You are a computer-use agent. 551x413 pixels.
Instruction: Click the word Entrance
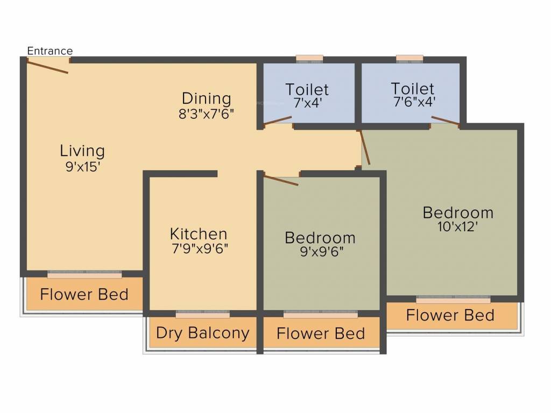click(x=50, y=51)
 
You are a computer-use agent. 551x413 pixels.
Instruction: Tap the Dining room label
click(x=206, y=99)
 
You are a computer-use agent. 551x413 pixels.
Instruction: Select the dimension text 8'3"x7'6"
click(x=207, y=113)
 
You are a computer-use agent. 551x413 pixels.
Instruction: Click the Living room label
click(x=82, y=151)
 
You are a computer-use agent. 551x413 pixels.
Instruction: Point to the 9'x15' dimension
click(x=83, y=166)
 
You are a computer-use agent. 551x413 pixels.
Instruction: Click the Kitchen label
click(x=199, y=234)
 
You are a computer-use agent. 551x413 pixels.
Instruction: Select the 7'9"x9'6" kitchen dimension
click(x=200, y=249)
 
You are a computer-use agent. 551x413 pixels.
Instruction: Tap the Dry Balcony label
click(x=202, y=333)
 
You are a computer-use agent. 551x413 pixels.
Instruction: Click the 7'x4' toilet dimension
click(x=307, y=103)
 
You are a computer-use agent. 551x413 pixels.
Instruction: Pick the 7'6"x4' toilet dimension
click(x=413, y=102)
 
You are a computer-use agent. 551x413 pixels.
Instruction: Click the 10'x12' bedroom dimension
click(x=458, y=226)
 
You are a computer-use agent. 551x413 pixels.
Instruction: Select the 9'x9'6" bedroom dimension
click(x=321, y=251)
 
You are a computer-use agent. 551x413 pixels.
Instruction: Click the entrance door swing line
click(x=47, y=67)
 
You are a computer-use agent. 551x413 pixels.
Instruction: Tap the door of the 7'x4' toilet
click(x=278, y=120)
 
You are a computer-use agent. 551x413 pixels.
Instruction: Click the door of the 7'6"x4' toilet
click(x=445, y=120)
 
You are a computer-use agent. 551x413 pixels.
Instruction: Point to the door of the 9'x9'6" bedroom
click(x=280, y=180)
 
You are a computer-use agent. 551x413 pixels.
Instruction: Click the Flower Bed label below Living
click(x=84, y=295)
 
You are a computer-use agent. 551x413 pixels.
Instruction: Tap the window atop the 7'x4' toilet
click(x=309, y=58)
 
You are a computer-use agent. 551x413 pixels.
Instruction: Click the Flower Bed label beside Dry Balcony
click(x=321, y=333)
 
